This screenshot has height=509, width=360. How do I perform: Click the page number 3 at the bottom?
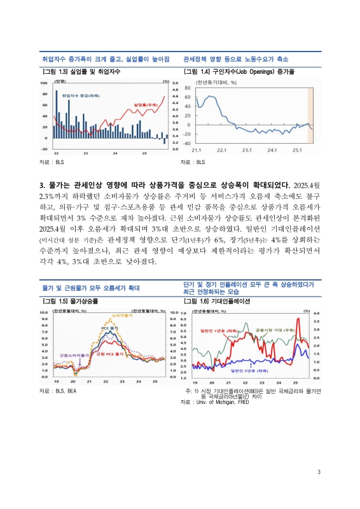click(x=319, y=471)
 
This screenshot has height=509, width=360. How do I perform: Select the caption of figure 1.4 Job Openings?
click(x=239, y=71)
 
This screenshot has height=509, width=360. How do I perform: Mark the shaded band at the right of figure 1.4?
click(x=311, y=115)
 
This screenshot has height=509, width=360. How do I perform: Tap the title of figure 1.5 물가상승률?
click(x=69, y=300)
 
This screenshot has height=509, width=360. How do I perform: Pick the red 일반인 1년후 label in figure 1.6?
click(x=216, y=331)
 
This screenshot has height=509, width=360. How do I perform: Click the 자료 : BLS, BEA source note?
click(x=58, y=390)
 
